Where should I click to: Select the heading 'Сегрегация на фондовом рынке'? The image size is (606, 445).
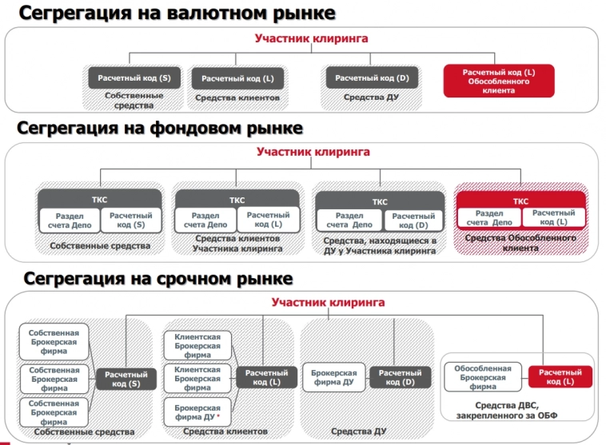[160, 128]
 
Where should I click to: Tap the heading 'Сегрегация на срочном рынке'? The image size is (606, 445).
[158, 279]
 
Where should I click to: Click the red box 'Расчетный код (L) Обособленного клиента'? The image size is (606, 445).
[499, 81]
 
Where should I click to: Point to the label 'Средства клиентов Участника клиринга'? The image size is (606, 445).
[237, 244]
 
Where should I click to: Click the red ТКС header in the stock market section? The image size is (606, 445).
[520, 201]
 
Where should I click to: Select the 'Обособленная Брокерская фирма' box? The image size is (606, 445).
[482, 376]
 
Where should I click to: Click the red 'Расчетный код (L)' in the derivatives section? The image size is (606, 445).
[560, 376]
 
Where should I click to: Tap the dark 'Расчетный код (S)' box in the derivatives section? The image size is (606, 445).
[127, 379]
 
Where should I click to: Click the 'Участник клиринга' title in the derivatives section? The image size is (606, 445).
[328, 303]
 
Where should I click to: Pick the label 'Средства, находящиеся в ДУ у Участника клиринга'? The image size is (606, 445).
[380, 245]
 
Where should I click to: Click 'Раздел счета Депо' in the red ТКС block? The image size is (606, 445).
[488, 218]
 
